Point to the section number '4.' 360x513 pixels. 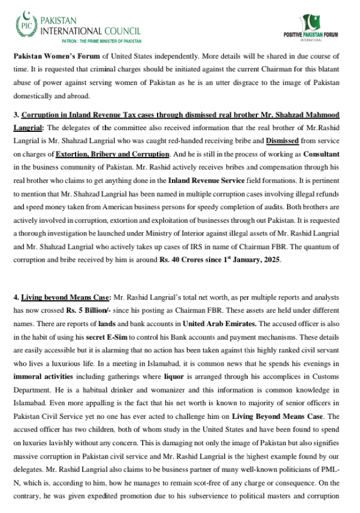point(16,297)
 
